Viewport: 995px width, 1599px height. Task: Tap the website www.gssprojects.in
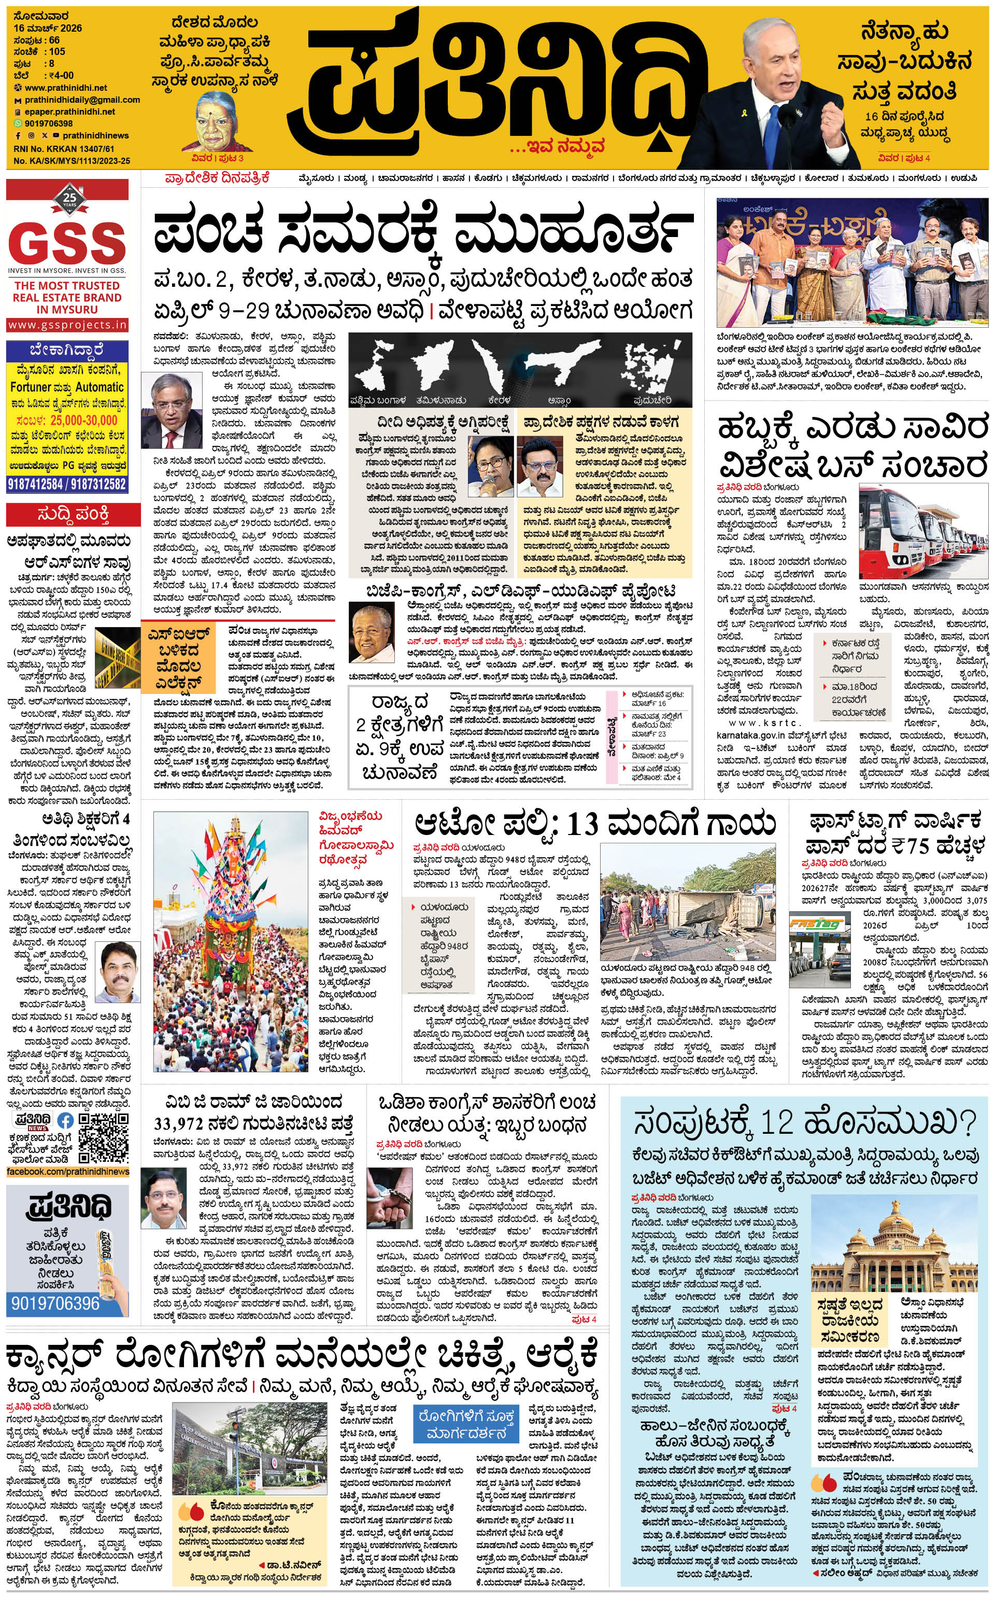68,325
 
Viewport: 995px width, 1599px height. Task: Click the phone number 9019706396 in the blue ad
54,1303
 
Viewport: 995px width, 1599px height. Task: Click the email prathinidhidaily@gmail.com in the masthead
82,100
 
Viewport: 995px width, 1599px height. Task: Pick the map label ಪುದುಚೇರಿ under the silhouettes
652,400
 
